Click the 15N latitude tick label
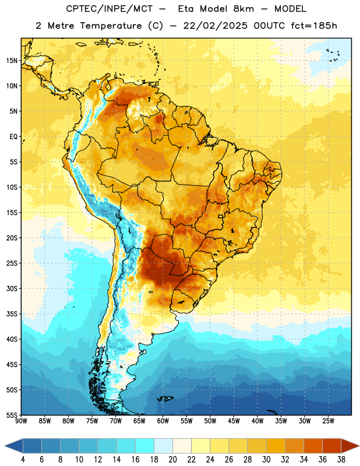12,61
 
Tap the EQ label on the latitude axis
13,137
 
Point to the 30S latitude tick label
12,288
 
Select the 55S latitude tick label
12,415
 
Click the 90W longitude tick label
21,421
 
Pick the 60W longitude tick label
163,421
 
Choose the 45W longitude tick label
234,421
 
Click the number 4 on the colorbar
23,460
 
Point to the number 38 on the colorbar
341,460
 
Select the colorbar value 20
172,460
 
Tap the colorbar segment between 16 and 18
144,446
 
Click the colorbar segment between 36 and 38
332,446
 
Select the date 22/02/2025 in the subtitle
215,26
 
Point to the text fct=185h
314,26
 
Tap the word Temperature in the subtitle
111,26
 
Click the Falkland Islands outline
165,398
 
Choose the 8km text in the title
243,9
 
